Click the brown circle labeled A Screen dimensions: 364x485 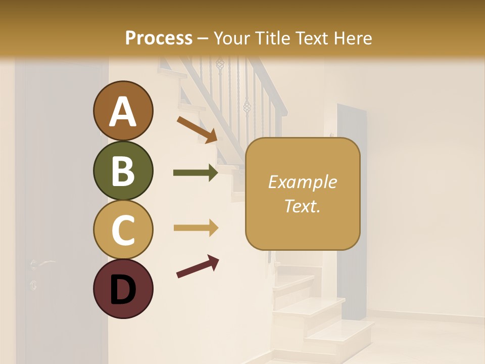123,111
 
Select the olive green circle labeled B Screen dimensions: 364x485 123,170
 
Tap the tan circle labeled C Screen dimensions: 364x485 123,230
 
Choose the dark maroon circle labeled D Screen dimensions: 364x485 123,289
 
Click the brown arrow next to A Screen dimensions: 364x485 197,129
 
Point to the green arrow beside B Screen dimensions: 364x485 196,173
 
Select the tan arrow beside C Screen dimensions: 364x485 196,228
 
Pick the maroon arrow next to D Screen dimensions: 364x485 198,266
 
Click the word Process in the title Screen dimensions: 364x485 159,38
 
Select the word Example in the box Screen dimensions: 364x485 302,182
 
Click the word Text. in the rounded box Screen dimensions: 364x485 302,206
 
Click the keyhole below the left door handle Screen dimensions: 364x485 33,285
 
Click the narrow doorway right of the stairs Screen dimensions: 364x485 352,202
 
